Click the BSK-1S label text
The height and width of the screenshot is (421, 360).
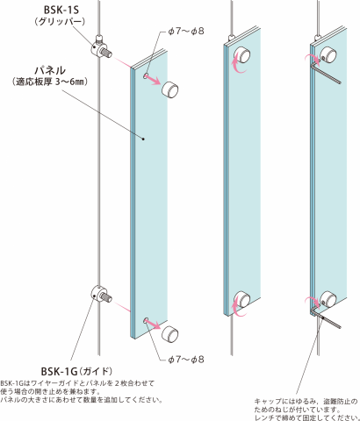[x=61, y=10]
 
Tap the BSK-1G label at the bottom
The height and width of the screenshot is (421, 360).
[x=60, y=371]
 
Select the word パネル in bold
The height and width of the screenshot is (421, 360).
[x=50, y=70]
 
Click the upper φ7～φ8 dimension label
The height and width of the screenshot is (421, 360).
[x=186, y=31]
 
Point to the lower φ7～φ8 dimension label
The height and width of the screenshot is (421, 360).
[x=186, y=360]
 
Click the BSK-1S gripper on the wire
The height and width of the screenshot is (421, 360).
[x=100, y=48]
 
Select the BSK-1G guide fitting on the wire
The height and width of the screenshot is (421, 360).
[x=101, y=296]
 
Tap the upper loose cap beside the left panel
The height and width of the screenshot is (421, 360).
[x=170, y=90]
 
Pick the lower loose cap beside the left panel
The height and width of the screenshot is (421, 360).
[x=170, y=334]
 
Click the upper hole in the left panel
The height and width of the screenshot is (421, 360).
[x=146, y=76]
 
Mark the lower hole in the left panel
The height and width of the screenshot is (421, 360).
[x=146, y=320]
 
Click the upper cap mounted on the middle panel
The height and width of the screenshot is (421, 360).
[x=243, y=54]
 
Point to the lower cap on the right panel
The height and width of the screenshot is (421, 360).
[x=328, y=299]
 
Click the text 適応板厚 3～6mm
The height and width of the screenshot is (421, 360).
[x=50, y=82]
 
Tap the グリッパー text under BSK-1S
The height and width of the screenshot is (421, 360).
[x=61, y=22]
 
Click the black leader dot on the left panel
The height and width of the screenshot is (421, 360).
[x=143, y=139]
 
